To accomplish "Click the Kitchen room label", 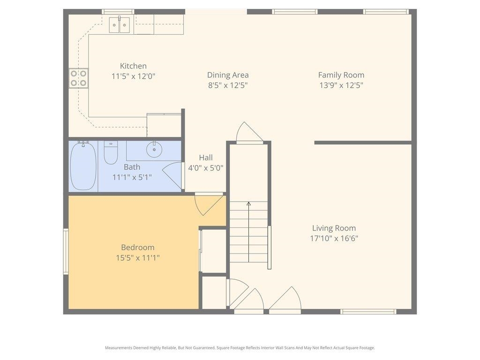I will click(133, 66).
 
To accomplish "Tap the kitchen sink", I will click(120, 24).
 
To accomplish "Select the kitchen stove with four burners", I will click(79, 78).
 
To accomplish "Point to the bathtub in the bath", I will click(83, 166).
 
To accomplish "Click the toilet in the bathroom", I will click(111, 153).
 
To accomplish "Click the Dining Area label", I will click(228, 75).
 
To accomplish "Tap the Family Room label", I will click(341, 75).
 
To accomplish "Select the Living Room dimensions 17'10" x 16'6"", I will click(334, 238).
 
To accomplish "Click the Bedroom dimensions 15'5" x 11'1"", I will click(138, 257).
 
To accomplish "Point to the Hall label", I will click(205, 157).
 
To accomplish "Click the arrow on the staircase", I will click(248, 204).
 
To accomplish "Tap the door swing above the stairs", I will click(248, 133).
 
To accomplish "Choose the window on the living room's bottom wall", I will click(368, 311).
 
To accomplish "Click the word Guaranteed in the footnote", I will click(203, 348).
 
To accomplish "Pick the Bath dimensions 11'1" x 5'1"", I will click(132, 177).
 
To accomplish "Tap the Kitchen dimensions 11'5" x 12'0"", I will click(133, 76).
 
